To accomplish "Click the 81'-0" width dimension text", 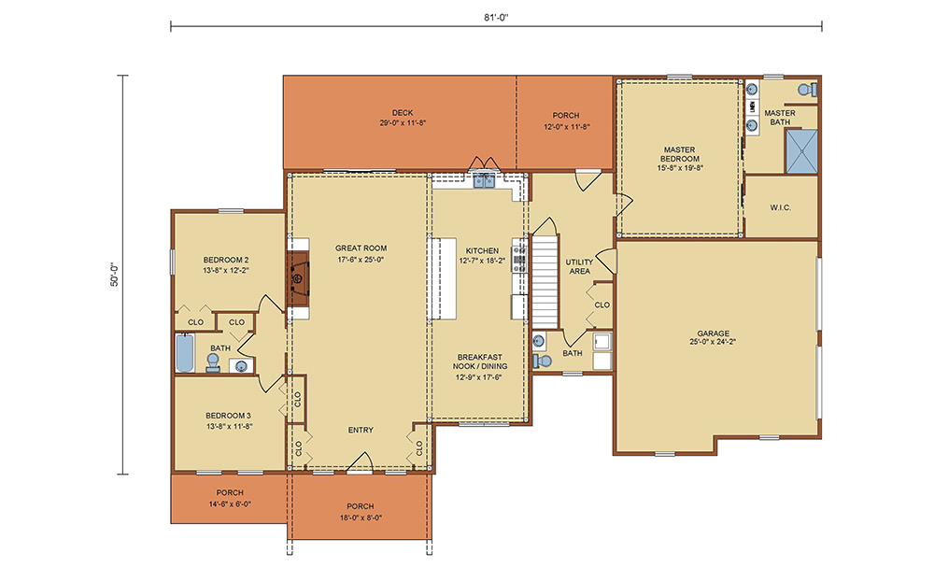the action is pos(496,17).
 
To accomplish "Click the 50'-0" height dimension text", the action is pos(114,275).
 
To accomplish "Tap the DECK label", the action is pos(403,113).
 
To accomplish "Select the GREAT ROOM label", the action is pos(361,248).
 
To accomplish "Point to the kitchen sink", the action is pos(484,180).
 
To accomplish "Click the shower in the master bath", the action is pos(801,151).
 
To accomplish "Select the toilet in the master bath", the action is pos(808,90).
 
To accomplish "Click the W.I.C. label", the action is pos(780,208).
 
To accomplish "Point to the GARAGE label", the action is pos(714,333).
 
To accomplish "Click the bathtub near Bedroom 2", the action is pos(185,352).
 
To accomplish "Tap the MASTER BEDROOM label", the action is pos(680,154).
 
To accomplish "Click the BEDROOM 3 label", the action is pos(229,416).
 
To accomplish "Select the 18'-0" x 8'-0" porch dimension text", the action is pos(361,517).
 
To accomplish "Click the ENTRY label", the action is pos(361,430).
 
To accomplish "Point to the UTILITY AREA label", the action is pos(580,266).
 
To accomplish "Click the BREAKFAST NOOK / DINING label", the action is pos(480,361).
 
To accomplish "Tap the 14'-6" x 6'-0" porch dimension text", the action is pos(230,503).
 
